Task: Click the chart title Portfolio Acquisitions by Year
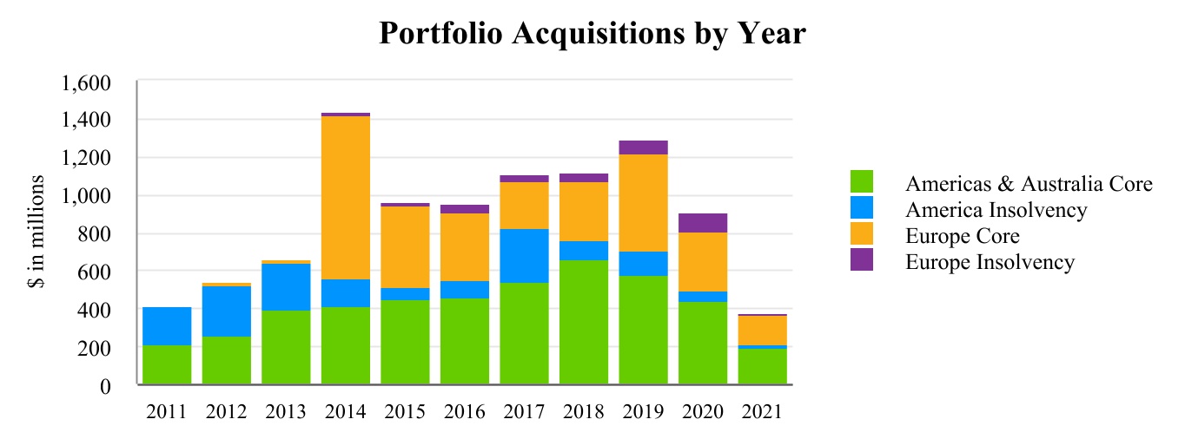pos(592,35)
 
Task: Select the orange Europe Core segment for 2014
pos(346,198)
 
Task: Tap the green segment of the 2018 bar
pos(584,322)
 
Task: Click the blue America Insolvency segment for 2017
pos(524,256)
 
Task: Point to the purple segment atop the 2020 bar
pos(703,223)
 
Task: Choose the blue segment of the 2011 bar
pos(167,326)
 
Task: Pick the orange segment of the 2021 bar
pos(763,331)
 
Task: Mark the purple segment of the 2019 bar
pos(643,147)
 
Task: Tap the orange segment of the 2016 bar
pos(465,247)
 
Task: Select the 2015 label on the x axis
pos(405,412)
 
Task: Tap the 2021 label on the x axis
pos(762,412)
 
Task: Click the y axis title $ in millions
pos(37,233)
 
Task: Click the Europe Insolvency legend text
pos(990,262)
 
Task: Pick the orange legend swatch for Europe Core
pos(861,234)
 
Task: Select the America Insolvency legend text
pos(996,210)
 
